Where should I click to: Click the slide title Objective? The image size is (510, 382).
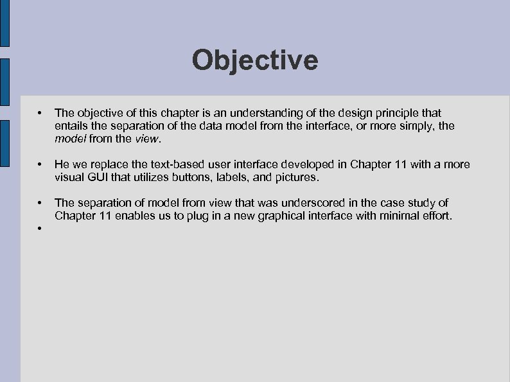(x=254, y=60)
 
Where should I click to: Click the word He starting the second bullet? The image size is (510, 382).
(x=63, y=165)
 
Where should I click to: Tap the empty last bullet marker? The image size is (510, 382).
(x=40, y=229)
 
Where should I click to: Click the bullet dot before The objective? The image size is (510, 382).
(x=40, y=114)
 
